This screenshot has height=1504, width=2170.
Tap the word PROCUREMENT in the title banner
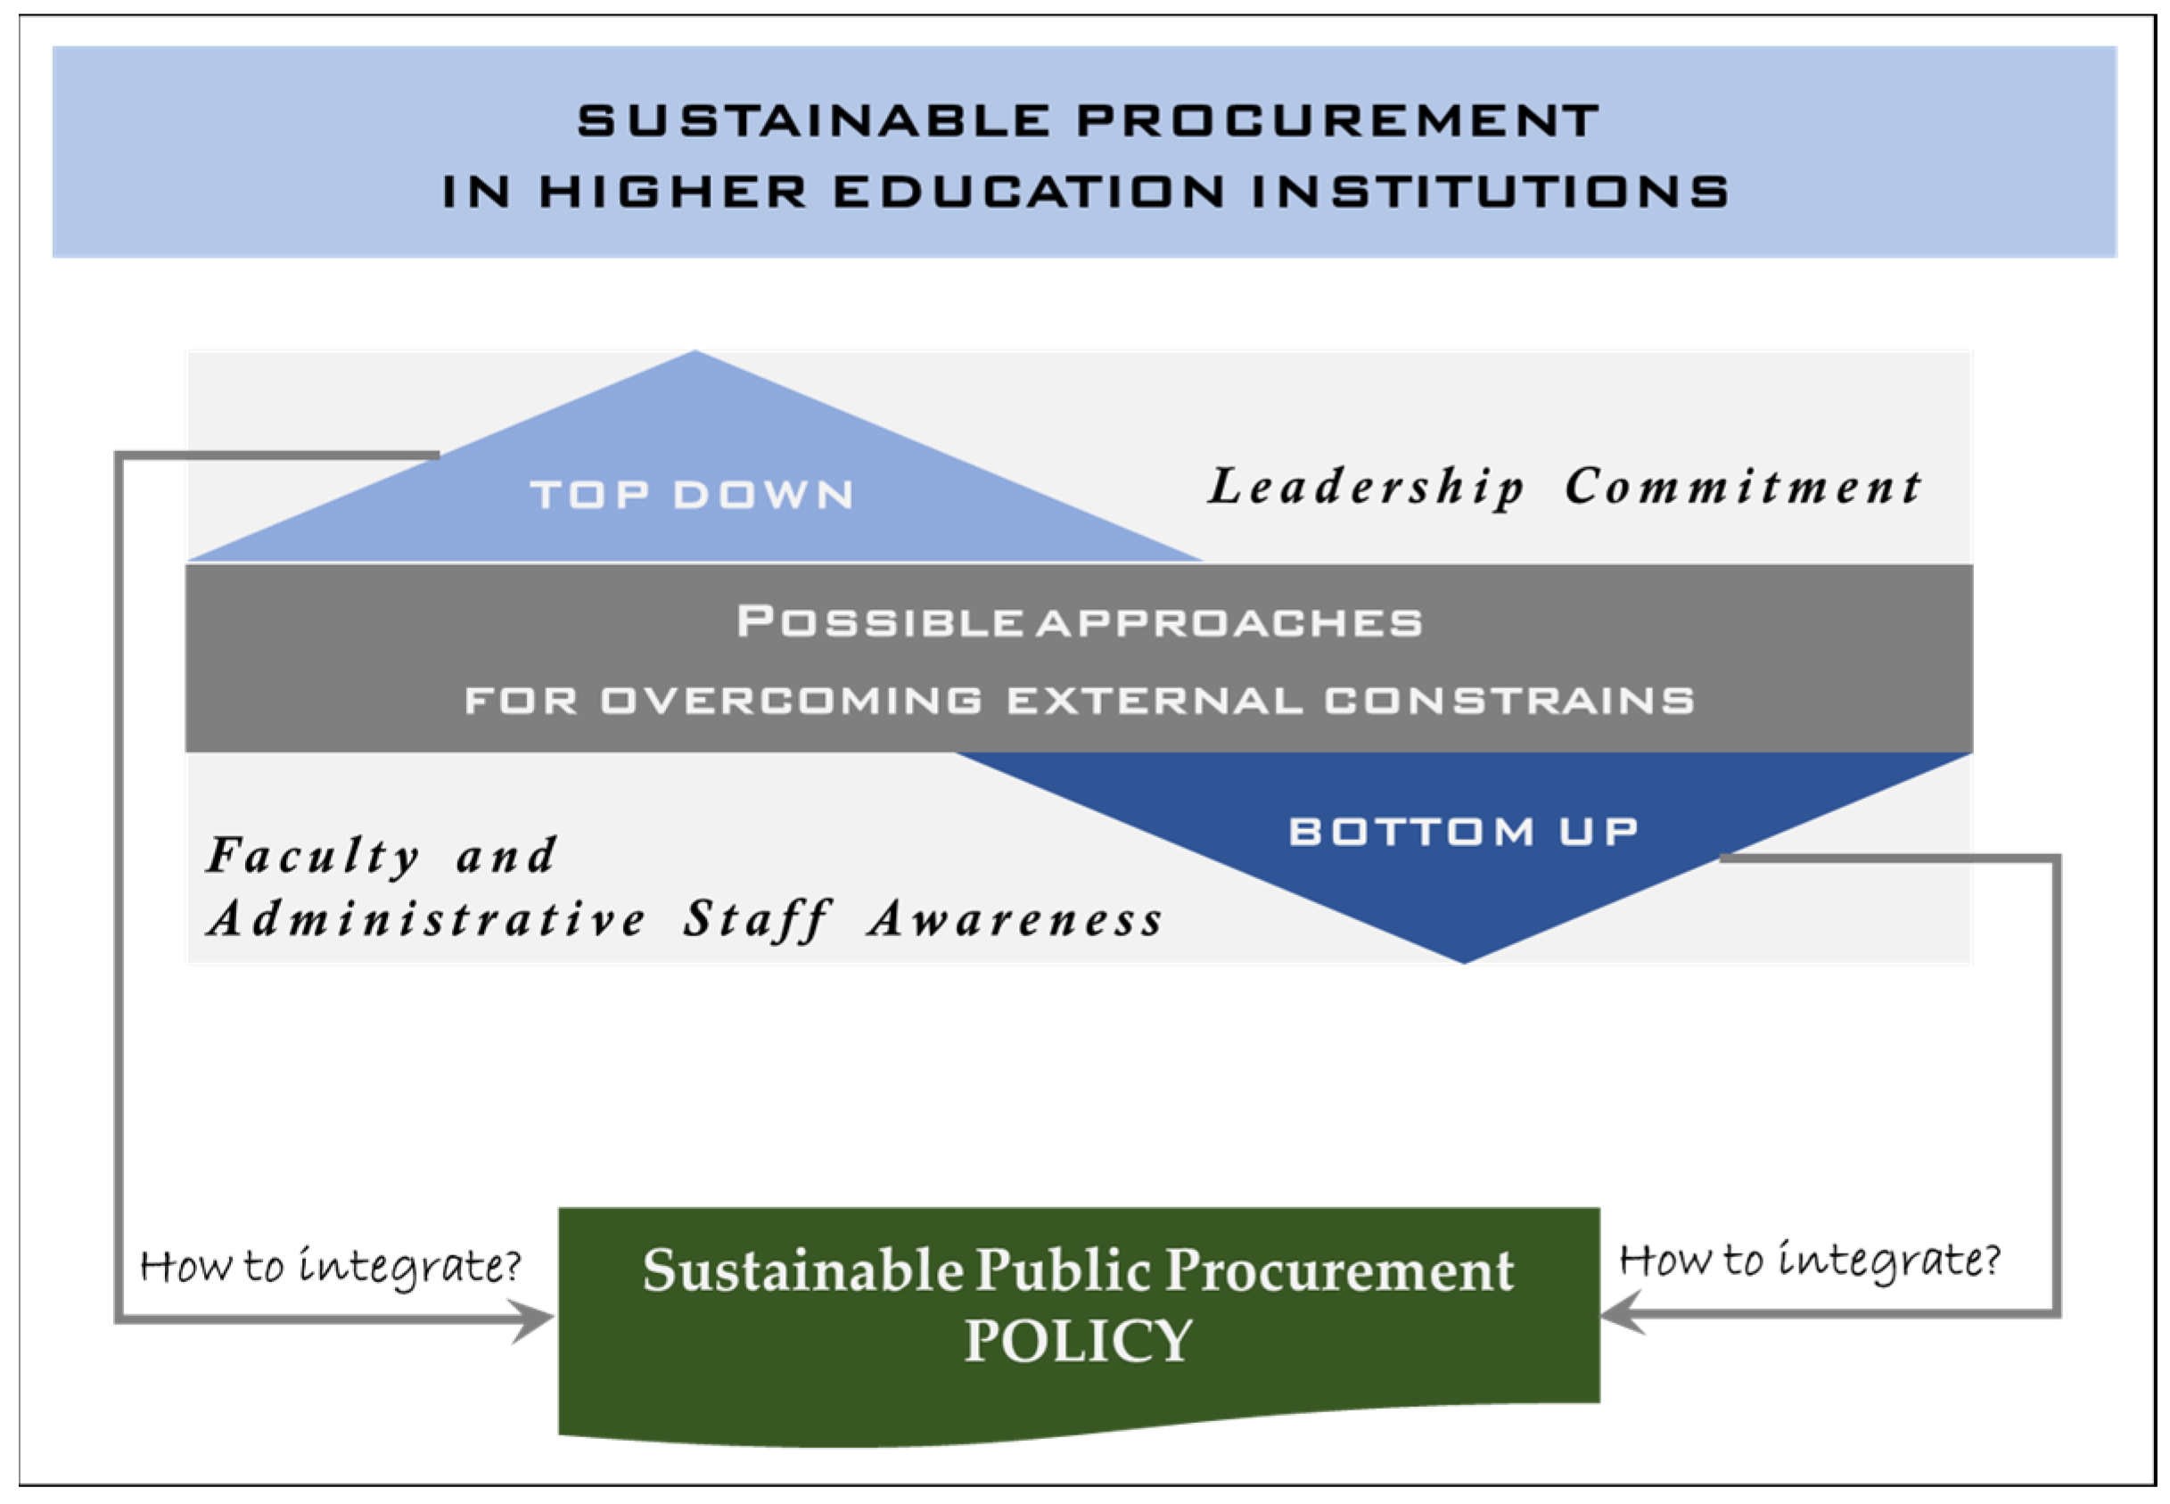point(1337,120)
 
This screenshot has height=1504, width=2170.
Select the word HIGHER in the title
point(673,192)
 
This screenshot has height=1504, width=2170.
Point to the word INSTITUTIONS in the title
point(1490,192)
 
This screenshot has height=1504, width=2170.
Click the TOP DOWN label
point(693,495)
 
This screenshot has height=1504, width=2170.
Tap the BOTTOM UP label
point(1463,831)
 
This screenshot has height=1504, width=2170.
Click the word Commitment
point(1742,486)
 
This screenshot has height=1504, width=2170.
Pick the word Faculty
point(314,858)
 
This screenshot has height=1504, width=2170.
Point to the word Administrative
point(427,919)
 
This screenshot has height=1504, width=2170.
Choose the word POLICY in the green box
point(1079,1340)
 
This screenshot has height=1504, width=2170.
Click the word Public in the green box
point(1062,1271)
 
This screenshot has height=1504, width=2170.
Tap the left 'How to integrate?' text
point(330,1266)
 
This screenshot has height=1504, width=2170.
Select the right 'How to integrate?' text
point(1809,1260)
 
